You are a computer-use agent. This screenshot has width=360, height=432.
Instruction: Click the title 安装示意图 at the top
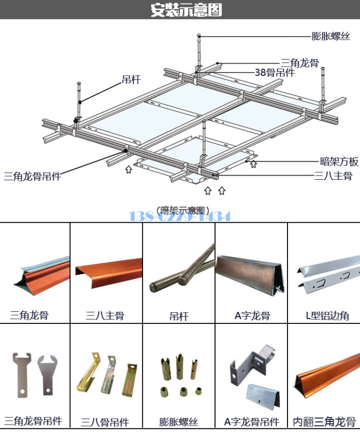(186, 10)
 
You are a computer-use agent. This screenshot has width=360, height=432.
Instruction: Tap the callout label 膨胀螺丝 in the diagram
(330, 36)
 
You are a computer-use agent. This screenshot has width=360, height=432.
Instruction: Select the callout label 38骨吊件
(274, 73)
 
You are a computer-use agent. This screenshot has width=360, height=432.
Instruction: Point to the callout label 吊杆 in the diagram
(131, 80)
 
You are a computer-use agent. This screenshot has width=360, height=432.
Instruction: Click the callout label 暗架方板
(339, 161)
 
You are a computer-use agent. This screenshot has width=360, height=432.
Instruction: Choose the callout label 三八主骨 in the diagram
(333, 176)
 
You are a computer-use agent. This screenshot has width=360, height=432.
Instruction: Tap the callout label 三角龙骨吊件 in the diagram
(32, 176)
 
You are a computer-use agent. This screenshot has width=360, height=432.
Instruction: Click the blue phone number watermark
(180, 216)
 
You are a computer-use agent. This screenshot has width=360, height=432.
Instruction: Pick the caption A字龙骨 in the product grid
(252, 316)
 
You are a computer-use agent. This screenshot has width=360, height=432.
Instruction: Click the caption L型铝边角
(327, 316)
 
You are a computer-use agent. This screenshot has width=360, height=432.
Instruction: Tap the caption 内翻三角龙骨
(324, 421)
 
